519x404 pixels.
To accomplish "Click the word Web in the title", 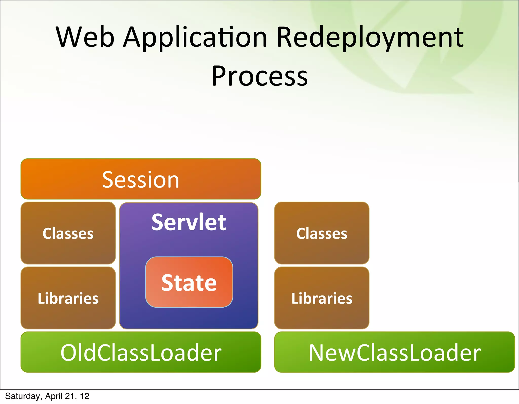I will (85, 37).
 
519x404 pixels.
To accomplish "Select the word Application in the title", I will (195, 37).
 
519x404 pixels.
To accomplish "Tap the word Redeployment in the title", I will (370, 37).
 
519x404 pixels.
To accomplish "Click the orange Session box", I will (141, 179).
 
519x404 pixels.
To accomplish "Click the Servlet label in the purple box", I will (189, 222).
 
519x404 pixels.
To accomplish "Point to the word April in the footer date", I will (54, 396).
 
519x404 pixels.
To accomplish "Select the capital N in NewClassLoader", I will (317, 353).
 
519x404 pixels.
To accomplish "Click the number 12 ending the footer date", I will (85, 396).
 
